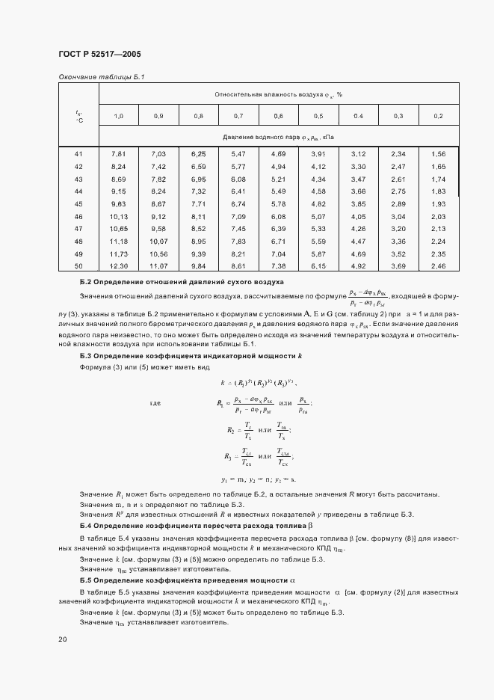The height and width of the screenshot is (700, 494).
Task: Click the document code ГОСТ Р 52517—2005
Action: click(x=99, y=55)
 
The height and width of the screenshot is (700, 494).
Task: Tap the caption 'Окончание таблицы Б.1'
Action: click(x=102, y=77)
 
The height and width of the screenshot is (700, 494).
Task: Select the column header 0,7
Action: click(x=238, y=116)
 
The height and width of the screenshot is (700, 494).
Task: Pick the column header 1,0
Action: click(x=118, y=116)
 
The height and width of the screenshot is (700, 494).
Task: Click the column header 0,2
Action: click(x=438, y=116)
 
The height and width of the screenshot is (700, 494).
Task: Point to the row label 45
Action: click(x=78, y=204)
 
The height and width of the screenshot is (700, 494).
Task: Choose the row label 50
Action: click(x=78, y=266)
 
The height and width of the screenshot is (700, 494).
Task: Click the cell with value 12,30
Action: click(x=120, y=266)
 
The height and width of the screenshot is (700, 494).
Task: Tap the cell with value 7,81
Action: click(x=118, y=154)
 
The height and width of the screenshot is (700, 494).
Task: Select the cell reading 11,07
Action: click(x=158, y=266)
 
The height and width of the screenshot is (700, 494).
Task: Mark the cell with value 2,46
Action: click(x=438, y=266)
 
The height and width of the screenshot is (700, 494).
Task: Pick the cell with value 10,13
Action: click(x=120, y=217)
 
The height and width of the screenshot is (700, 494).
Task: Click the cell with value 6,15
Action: click(x=318, y=266)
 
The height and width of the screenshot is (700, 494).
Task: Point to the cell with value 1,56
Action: click(x=438, y=154)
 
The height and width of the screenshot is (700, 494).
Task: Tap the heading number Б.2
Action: click(x=85, y=283)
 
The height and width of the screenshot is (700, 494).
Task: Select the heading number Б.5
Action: click(x=85, y=580)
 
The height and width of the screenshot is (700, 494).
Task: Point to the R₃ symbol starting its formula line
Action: click(x=228, y=455)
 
